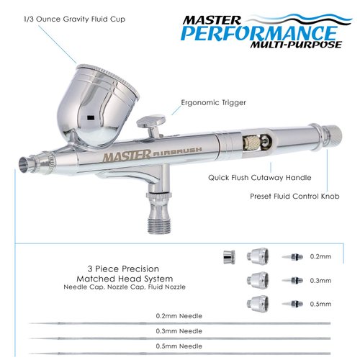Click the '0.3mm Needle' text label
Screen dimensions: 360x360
tap(179, 330)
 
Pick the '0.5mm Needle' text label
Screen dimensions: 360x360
tap(179, 346)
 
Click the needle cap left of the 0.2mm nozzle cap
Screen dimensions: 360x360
tap(228, 256)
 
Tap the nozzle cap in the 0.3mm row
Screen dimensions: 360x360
tap(258, 279)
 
